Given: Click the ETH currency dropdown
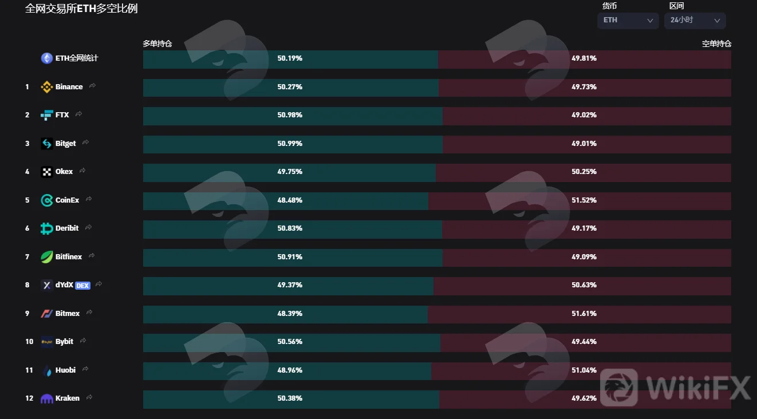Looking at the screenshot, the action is tap(628, 21).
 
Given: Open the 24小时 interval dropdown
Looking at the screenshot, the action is tap(695, 21).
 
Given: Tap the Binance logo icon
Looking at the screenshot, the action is tap(46, 87).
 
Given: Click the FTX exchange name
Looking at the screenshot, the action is tap(62, 115).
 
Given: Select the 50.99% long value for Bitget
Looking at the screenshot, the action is tap(290, 144).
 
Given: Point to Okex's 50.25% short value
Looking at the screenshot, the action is tap(584, 172).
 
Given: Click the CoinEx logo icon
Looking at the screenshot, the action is tap(46, 200).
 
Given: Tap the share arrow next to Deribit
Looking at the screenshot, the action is tap(89, 227).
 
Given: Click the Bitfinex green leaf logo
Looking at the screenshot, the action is tap(46, 257).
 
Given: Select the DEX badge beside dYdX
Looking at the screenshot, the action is tap(82, 286).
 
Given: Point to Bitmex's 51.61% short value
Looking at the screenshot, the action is tap(584, 314).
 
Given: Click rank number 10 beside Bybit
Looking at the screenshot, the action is tap(29, 342).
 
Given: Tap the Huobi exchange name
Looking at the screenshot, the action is tap(65, 370).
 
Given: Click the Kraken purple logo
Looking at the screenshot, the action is tap(46, 399).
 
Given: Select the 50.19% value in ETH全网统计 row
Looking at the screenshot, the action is tap(290, 58).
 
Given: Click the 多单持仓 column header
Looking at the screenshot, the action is tap(157, 44).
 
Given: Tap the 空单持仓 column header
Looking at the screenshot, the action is tap(716, 44).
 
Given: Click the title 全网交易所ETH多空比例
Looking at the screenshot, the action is tap(81, 9).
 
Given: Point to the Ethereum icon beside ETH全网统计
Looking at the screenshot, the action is tap(46, 58).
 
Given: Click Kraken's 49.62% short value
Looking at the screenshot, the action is tap(584, 398).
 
